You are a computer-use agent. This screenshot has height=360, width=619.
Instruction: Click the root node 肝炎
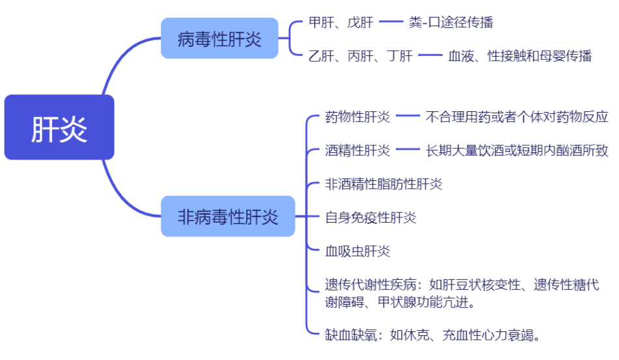pos(59,128)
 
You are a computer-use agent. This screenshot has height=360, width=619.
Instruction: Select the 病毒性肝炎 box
pos(219,38)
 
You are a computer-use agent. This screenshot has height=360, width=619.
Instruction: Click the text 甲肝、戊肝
pos(341,23)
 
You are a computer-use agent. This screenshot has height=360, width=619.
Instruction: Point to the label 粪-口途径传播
pos(451,23)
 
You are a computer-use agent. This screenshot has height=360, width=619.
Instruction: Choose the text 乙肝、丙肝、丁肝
pos(361,56)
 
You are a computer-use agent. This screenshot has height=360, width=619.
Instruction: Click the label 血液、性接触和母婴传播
pos(520,56)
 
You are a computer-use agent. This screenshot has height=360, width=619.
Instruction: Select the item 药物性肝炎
pos(357,117)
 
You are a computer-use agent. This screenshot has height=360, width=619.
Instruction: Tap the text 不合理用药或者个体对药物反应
pos(517,117)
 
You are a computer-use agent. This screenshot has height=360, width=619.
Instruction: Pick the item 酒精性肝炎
pos(357,150)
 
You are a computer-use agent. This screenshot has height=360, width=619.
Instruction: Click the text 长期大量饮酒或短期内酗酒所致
pos(517,150)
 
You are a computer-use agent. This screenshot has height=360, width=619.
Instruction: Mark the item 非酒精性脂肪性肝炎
pos(383,184)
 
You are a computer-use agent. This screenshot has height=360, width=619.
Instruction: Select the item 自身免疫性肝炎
pos(370,217)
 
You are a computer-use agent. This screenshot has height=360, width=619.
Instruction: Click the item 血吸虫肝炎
pos(357,251)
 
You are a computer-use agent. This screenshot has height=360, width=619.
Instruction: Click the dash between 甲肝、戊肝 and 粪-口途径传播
pos(392,23)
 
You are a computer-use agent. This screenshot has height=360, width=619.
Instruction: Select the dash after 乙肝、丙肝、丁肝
pos(430,56)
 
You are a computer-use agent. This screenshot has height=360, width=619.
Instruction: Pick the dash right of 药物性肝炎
pos(408,117)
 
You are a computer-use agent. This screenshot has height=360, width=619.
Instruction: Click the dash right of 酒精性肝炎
pos(408,150)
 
